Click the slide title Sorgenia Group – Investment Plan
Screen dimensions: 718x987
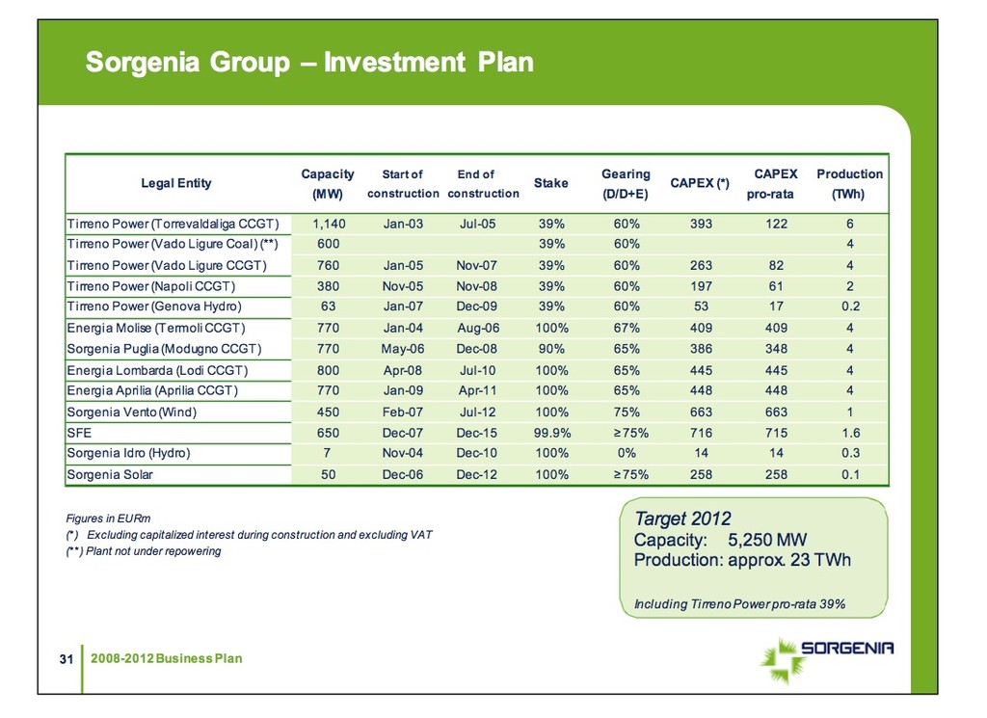[x=309, y=63]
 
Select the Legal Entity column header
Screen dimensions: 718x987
[x=176, y=183]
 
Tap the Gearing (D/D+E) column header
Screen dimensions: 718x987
[x=626, y=183]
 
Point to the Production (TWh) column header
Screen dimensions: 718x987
[x=849, y=183]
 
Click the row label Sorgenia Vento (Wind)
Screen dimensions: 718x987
[x=131, y=412]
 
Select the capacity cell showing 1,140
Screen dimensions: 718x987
[x=328, y=224]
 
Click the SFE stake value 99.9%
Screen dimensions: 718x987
[x=551, y=434]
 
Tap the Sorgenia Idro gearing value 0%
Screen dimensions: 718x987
[x=627, y=453]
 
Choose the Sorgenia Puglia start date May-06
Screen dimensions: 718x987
[x=403, y=348]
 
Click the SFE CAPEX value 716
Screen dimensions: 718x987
[x=701, y=434]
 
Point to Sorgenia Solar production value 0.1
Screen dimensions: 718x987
[x=849, y=474]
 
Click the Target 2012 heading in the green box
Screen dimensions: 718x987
[x=682, y=519]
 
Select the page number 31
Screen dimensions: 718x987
[x=67, y=659]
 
